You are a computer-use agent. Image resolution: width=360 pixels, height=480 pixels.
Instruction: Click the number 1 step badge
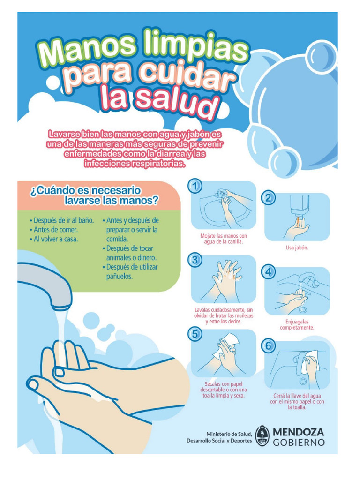click(x=195, y=186)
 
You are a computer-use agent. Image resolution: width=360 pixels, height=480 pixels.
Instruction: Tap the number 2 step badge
click(x=269, y=198)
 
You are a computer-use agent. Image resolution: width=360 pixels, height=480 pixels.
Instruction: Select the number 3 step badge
click(x=195, y=260)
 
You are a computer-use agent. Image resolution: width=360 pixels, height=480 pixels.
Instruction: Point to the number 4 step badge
click(x=269, y=272)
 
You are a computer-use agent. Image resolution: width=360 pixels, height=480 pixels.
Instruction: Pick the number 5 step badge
click(x=195, y=333)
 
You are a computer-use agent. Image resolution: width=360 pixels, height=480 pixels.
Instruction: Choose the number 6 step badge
click(x=269, y=346)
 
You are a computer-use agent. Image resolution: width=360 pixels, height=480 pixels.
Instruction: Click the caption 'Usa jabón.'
click(x=297, y=247)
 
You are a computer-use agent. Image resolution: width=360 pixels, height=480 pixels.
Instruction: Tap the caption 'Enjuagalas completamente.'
click(x=297, y=324)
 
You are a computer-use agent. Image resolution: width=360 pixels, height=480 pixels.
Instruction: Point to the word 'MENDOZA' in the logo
click(x=298, y=432)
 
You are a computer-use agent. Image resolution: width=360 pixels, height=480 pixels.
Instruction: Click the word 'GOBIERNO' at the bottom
click(x=298, y=442)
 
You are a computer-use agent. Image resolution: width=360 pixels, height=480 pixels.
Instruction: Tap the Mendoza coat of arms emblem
click(x=263, y=436)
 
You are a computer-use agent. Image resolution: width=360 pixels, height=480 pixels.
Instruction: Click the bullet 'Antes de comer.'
click(x=53, y=230)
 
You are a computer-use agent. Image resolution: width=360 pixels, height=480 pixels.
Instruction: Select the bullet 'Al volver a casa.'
click(x=53, y=239)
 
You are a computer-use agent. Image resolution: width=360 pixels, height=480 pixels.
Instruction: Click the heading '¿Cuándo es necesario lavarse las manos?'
click(x=94, y=195)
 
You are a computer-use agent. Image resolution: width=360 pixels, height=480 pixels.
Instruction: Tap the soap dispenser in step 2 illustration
click(x=299, y=204)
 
